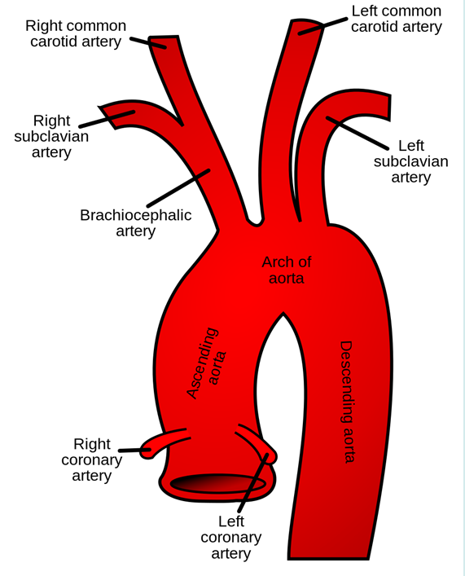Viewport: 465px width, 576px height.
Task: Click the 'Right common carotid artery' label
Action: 76,33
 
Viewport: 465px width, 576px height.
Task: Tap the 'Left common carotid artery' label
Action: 397,19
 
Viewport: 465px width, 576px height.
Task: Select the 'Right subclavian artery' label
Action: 51,137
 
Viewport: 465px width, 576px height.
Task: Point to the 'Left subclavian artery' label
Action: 411,161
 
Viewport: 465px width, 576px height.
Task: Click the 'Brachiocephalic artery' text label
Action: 135,223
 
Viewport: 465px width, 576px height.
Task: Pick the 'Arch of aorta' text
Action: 287,270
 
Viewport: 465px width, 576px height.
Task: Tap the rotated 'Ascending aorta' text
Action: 206,363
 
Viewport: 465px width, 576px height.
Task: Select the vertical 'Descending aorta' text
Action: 346,402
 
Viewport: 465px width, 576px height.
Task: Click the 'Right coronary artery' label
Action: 92,460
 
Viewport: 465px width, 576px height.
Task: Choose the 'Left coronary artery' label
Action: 231,538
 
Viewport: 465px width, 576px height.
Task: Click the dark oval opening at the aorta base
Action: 218,483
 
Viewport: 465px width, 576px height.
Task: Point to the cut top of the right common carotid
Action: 164,37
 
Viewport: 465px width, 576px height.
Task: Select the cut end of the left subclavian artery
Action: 389,107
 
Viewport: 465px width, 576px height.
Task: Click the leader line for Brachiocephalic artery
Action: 178,187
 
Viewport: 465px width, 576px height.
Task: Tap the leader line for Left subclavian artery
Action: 357,133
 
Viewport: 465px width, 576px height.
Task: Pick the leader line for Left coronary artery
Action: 253,483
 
